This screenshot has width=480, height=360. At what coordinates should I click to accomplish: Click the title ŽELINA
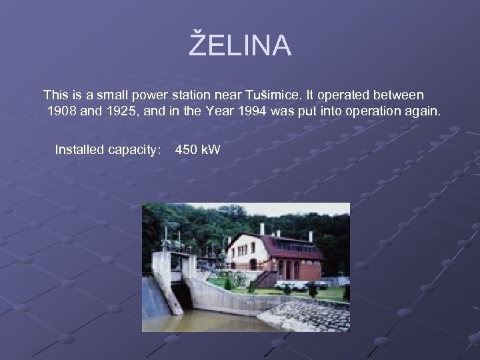click(240, 45)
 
